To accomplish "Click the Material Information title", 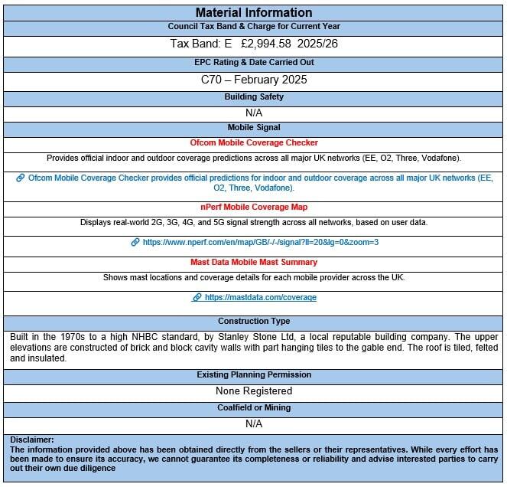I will [253, 12].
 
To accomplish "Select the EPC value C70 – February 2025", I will [253, 78].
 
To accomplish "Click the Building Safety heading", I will [253, 96].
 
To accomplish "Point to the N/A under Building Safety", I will [253, 112].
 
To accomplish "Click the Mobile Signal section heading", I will [253, 127].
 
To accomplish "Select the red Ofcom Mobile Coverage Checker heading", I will [253, 142].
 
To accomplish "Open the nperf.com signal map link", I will [260, 242].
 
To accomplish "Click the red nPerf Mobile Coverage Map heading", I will [253, 207].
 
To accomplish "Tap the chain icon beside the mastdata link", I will [197, 297].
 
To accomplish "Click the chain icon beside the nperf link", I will [135, 242].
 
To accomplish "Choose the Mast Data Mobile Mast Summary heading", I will [253, 262].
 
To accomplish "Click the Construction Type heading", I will [253, 322].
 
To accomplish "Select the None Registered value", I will [253, 391].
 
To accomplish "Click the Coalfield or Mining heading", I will [253, 407].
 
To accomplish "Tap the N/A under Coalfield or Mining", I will [253, 423].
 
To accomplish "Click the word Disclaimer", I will [32, 440].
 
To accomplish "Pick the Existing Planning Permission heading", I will [253, 374].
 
